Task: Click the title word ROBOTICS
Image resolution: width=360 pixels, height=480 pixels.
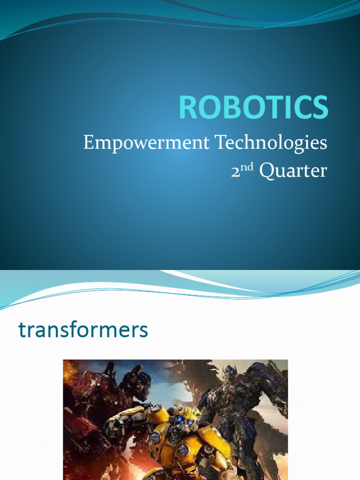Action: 253,107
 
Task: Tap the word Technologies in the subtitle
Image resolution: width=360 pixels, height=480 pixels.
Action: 271,143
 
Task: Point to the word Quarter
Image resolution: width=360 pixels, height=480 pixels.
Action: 293,171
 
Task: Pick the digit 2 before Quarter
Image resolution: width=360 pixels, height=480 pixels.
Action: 236,172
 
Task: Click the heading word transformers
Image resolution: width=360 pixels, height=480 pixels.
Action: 83,330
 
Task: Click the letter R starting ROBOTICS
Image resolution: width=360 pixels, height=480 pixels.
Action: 188,108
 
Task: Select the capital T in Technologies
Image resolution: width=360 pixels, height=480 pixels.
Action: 220,142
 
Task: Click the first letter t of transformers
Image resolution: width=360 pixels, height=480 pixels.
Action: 22,330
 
